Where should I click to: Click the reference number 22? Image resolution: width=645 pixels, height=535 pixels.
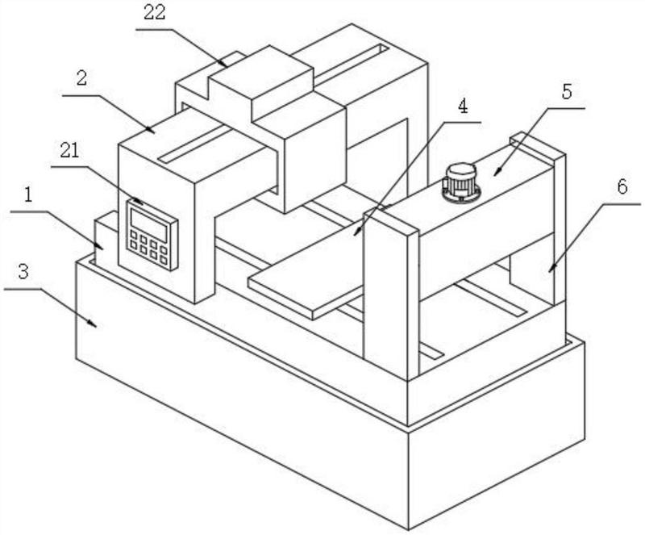click(x=154, y=12)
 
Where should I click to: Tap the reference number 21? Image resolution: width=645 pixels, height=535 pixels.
click(x=69, y=151)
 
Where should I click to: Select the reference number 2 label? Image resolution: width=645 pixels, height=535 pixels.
click(x=82, y=77)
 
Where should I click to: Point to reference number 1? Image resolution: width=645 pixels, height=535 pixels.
click(x=28, y=195)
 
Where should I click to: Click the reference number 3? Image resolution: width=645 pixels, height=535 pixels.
click(x=23, y=272)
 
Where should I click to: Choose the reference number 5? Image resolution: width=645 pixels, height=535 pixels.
click(x=567, y=92)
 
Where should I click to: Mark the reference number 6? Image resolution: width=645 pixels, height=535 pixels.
click(x=622, y=187)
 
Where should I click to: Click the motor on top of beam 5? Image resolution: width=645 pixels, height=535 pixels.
click(x=460, y=183)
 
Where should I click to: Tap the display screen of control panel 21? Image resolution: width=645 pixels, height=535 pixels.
click(x=149, y=224)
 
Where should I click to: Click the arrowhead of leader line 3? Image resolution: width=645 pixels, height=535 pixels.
click(x=94, y=324)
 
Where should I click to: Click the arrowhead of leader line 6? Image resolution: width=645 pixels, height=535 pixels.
click(x=551, y=270)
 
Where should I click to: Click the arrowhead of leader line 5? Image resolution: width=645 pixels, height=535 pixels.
click(x=497, y=173)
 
